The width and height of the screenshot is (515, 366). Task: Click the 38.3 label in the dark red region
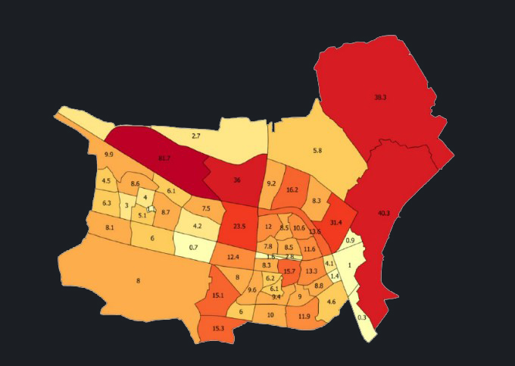pos(380,98)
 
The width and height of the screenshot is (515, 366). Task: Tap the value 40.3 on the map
pos(383,214)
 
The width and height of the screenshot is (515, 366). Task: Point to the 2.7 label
pos(195,136)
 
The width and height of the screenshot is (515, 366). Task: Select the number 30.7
pos(163,158)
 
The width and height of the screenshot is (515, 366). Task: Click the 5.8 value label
pos(317,151)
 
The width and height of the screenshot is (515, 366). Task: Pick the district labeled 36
pos(236,180)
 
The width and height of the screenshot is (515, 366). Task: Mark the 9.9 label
pos(109,155)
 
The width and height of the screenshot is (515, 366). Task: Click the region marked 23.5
pos(239,226)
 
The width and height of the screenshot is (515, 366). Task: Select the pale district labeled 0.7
pos(193,247)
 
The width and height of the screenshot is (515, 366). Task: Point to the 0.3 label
pos(361,318)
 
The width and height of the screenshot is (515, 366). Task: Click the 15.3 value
pos(218,328)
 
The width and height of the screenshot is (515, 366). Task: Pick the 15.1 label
pos(218,295)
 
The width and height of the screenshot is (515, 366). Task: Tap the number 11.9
pos(304,316)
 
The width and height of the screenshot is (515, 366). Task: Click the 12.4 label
pos(233,258)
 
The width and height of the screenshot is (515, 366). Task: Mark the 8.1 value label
pos(110,227)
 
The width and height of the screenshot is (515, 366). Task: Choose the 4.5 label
pos(106,181)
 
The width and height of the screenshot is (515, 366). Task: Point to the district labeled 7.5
pos(205,208)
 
